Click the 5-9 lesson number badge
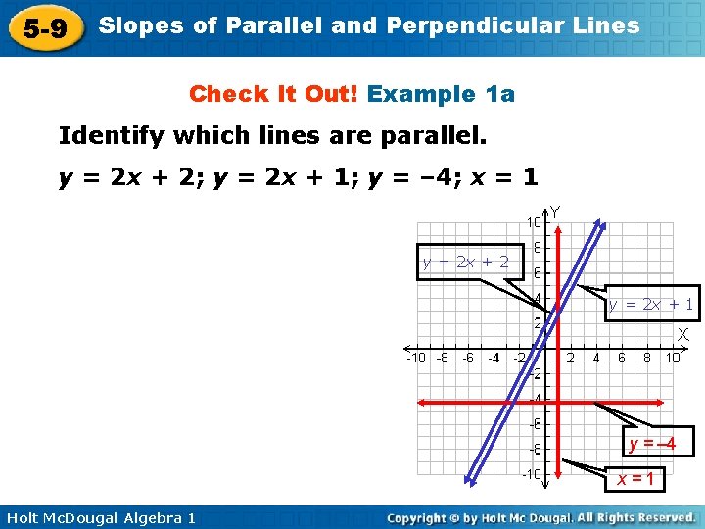click(45, 28)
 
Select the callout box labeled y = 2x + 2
click(465, 262)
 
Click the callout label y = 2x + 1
click(650, 305)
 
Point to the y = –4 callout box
click(652, 444)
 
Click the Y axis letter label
click(555, 212)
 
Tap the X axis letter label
click(682, 335)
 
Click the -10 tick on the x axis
click(416, 359)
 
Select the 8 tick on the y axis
click(538, 249)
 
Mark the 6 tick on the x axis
click(622, 359)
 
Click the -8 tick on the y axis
click(536, 450)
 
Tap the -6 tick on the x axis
click(467, 359)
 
